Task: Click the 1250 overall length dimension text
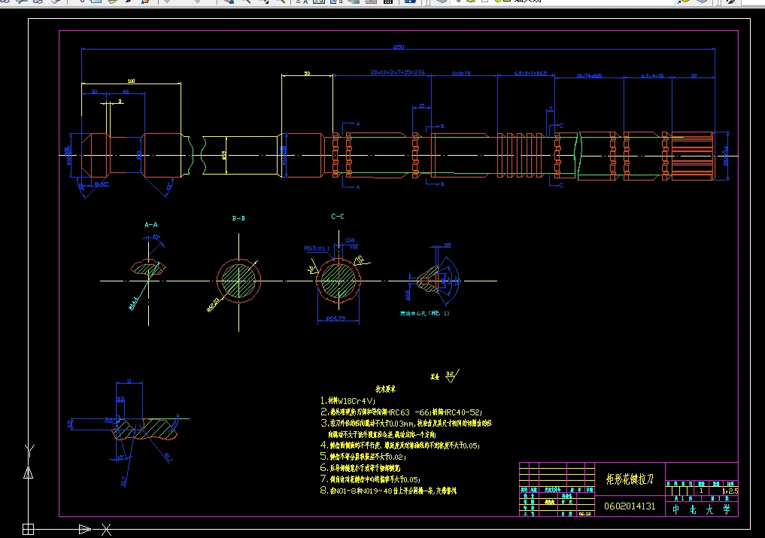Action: click(398, 47)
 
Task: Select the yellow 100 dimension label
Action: click(131, 81)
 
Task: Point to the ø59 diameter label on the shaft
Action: click(223, 155)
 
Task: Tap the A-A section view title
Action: click(151, 224)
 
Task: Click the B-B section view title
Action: click(238, 218)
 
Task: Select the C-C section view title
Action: click(338, 216)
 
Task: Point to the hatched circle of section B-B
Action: click(238, 281)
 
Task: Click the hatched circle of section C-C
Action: click(338, 281)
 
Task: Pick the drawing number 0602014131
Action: click(630, 506)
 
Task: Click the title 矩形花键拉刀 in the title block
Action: click(630, 479)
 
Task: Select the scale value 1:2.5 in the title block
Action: click(729, 491)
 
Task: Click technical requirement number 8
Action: click(324, 491)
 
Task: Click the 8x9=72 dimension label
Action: click(460, 74)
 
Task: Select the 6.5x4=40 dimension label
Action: click(652, 76)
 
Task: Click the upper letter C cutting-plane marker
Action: click(561, 126)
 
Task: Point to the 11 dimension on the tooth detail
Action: click(129, 381)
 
